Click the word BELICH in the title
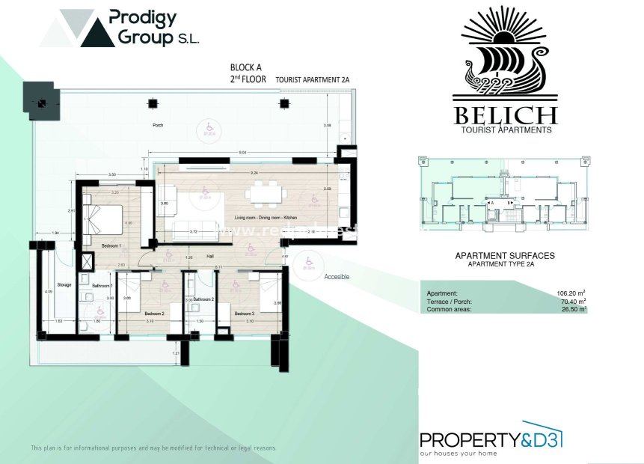pos(505,115)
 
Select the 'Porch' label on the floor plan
pos(158,125)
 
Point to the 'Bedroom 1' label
pos(111,245)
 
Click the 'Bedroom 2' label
pos(154,314)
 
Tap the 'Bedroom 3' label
pos(244,314)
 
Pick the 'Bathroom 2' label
pos(203,299)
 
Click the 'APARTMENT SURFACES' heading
pos(505,256)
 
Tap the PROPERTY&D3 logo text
pos(490,440)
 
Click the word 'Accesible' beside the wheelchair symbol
pos(337,276)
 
